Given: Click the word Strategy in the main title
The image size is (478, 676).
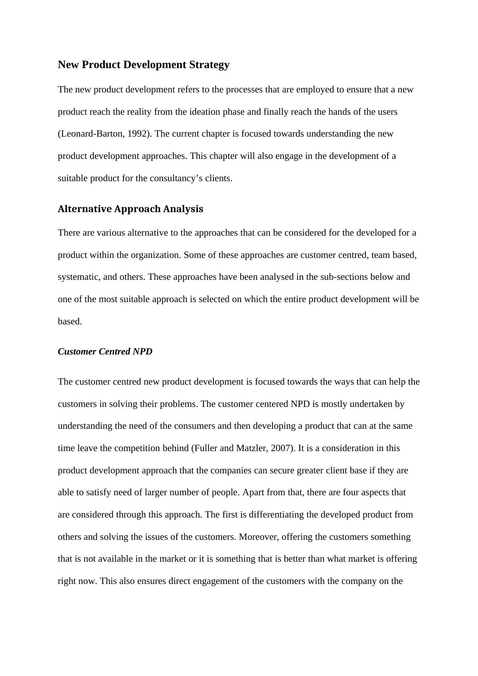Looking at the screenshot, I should click(x=209, y=65).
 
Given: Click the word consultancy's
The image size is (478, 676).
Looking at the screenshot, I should click(x=177, y=178).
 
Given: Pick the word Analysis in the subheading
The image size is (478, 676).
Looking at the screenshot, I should click(x=183, y=209).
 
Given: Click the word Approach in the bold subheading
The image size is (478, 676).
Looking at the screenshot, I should click(x=137, y=209).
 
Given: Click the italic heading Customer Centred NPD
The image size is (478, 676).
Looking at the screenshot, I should click(x=105, y=352).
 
